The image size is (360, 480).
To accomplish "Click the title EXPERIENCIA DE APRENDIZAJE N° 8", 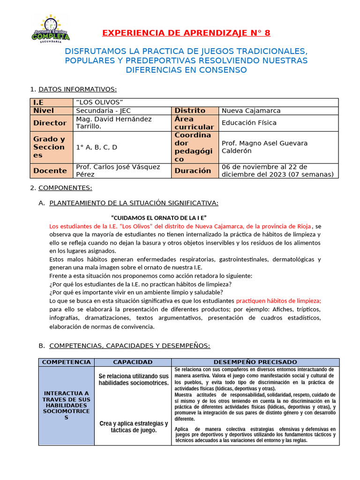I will point(186,33).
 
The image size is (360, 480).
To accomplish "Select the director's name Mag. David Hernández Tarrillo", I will point(113,123).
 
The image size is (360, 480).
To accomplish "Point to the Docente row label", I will point(50,171).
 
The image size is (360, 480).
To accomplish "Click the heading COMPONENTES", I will point(65,188).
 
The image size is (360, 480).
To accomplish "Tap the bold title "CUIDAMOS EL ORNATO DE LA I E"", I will point(159,217).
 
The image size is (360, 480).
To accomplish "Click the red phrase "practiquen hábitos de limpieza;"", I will point(278,300).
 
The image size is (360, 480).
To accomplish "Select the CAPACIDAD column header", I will point(133,362).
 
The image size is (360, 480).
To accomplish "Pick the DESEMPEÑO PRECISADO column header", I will point(255,362).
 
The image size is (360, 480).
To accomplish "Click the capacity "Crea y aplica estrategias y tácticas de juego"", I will point(134,427).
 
